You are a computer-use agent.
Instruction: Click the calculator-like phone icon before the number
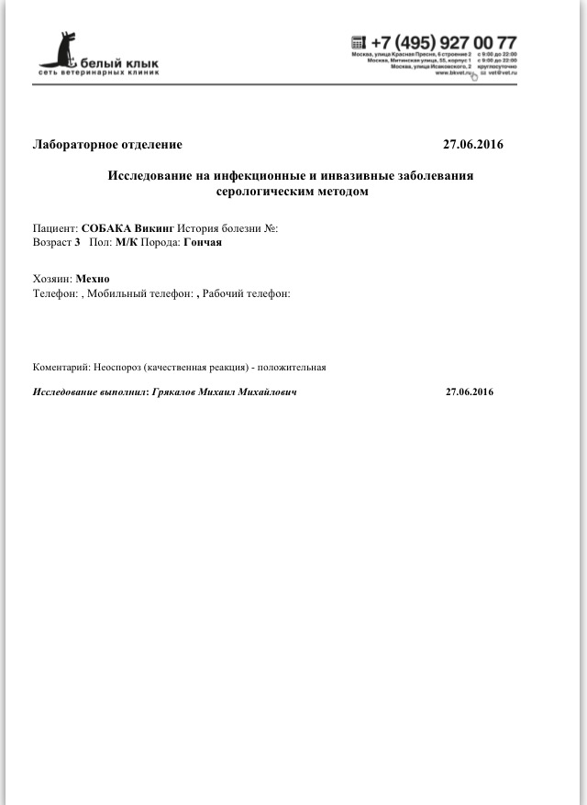tap(359, 42)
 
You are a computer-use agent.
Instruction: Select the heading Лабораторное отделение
tap(107, 145)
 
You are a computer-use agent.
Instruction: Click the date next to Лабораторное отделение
tap(472, 145)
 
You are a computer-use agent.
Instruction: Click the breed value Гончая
tap(203, 243)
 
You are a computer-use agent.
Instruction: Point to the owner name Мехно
tap(94, 279)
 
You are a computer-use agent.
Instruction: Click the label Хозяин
tap(52, 279)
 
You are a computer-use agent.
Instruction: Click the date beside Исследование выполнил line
tap(470, 392)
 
